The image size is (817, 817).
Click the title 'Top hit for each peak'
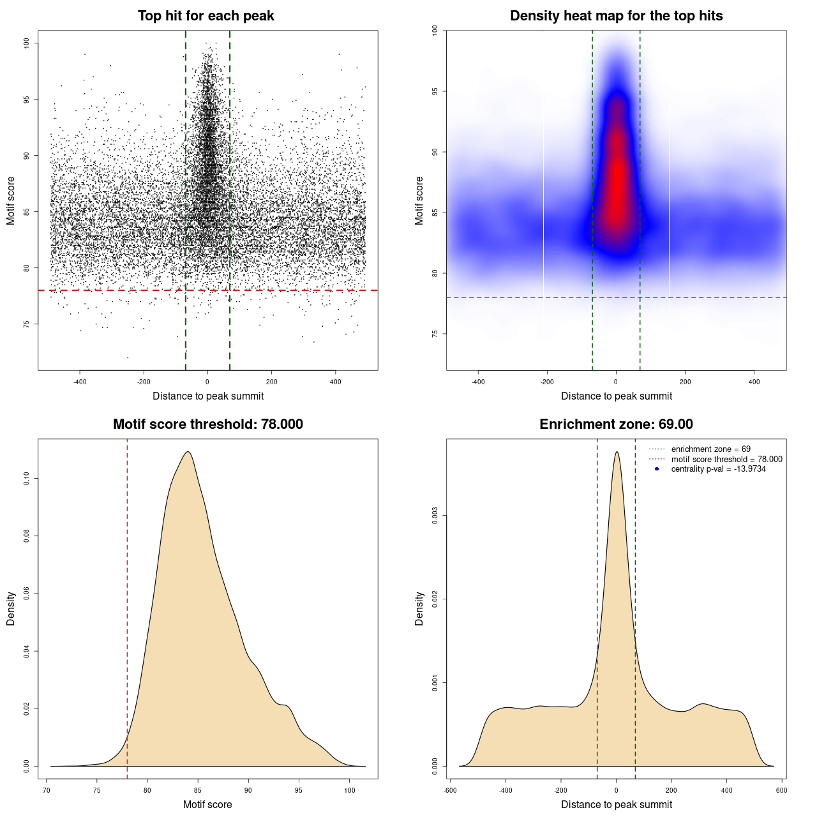pos(206,16)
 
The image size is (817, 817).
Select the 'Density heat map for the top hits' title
pos(616,16)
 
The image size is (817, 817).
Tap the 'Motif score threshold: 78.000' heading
pos(207,424)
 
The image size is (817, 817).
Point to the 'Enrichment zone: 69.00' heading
pos(616,424)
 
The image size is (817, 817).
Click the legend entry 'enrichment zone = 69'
pos(710,449)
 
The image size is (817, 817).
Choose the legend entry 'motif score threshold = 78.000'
pos(726,460)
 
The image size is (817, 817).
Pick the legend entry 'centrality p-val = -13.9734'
pos(718,469)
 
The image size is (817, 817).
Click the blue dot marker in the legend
pos(657,469)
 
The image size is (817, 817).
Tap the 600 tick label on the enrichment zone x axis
pos(782,790)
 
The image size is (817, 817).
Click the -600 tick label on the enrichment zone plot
pos(450,790)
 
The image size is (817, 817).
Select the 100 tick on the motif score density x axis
pos(349,790)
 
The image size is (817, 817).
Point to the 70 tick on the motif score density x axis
pos(47,790)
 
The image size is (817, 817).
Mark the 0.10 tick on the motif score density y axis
pos(27,479)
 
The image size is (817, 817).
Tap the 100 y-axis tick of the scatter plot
pos(27,43)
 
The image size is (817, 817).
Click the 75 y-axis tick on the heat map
pos(435,334)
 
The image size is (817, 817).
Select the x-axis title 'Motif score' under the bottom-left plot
pos(207,804)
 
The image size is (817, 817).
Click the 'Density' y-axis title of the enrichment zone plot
pos(419,608)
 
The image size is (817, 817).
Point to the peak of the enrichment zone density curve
pos(617,452)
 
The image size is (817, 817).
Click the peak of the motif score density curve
pos(188,452)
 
